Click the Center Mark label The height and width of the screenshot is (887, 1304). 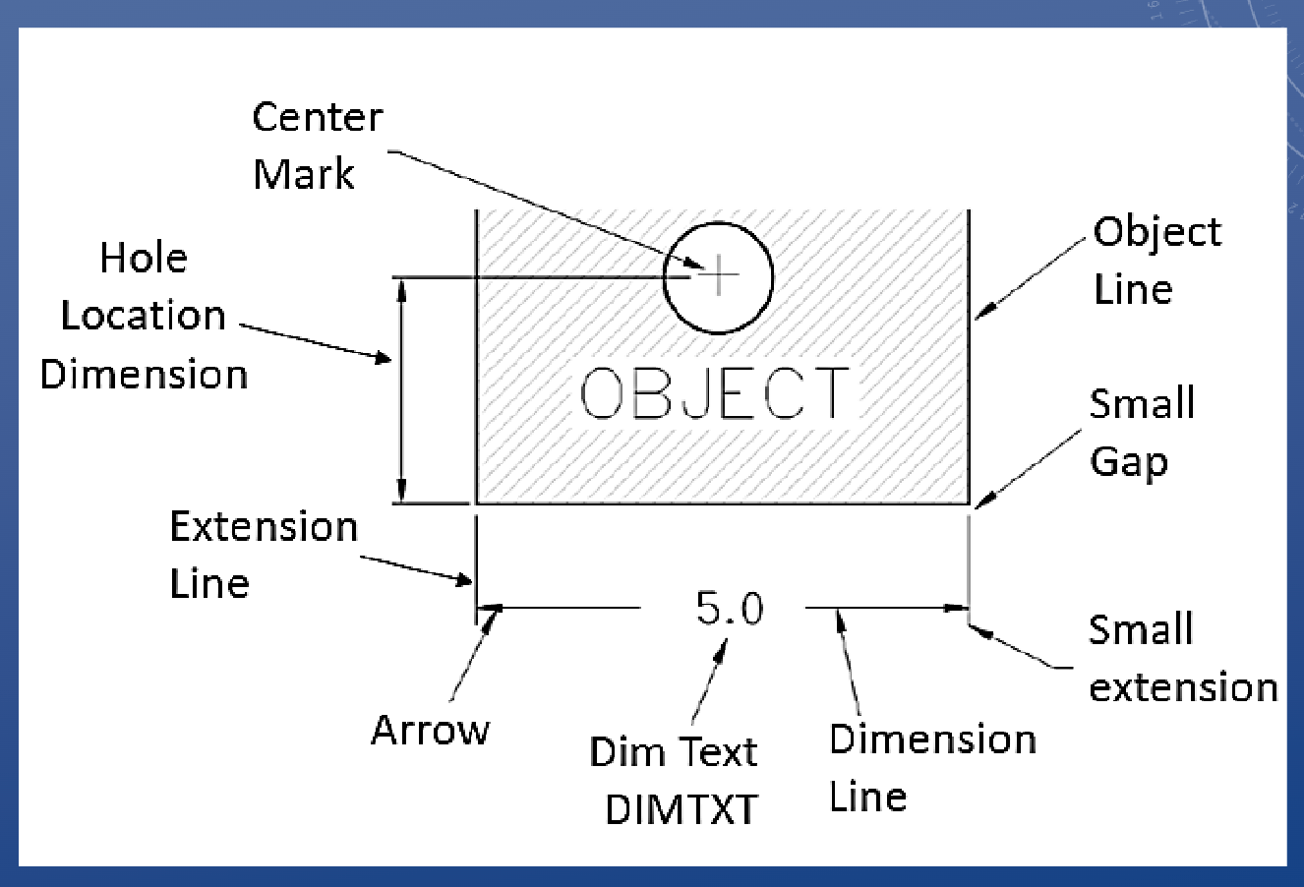(x=317, y=146)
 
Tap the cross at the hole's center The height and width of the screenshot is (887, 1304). (x=721, y=275)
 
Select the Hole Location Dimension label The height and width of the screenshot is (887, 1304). (x=144, y=316)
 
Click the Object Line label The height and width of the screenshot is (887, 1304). (x=1156, y=260)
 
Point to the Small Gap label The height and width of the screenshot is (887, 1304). (x=1142, y=432)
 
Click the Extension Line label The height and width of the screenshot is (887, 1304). (x=263, y=555)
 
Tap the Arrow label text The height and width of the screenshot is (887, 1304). (x=430, y=730)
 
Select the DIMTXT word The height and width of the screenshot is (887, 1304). (x=682, y=809)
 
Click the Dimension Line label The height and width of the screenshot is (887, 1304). (x=931, y=767)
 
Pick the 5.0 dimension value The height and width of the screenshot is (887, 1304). (x=729, y=609)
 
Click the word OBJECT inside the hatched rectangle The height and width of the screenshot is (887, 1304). (x=714, y=393)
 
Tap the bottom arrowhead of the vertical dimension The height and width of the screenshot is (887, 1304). (x=400, y=494)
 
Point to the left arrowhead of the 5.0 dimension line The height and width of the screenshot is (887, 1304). (x=488, y=609)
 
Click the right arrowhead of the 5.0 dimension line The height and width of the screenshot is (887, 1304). (x=959, y=609)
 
